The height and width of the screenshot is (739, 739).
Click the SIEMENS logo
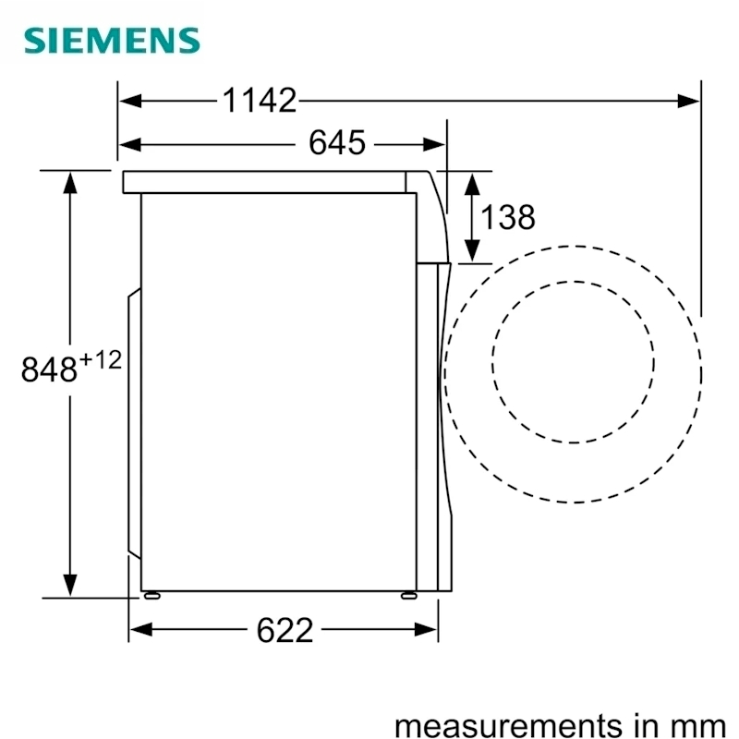point(112,40)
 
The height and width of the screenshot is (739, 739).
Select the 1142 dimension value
point(260,101)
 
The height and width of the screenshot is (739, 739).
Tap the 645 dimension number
point(336,142)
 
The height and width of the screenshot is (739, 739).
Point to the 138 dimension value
point(507,217)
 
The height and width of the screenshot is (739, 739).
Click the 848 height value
point(49,369)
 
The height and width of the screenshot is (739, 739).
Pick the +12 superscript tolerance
point(101,360)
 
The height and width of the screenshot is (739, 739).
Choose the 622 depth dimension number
point(285,630)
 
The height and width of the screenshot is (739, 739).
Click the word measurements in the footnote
point(508,725)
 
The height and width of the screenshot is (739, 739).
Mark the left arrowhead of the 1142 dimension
point(130,101)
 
